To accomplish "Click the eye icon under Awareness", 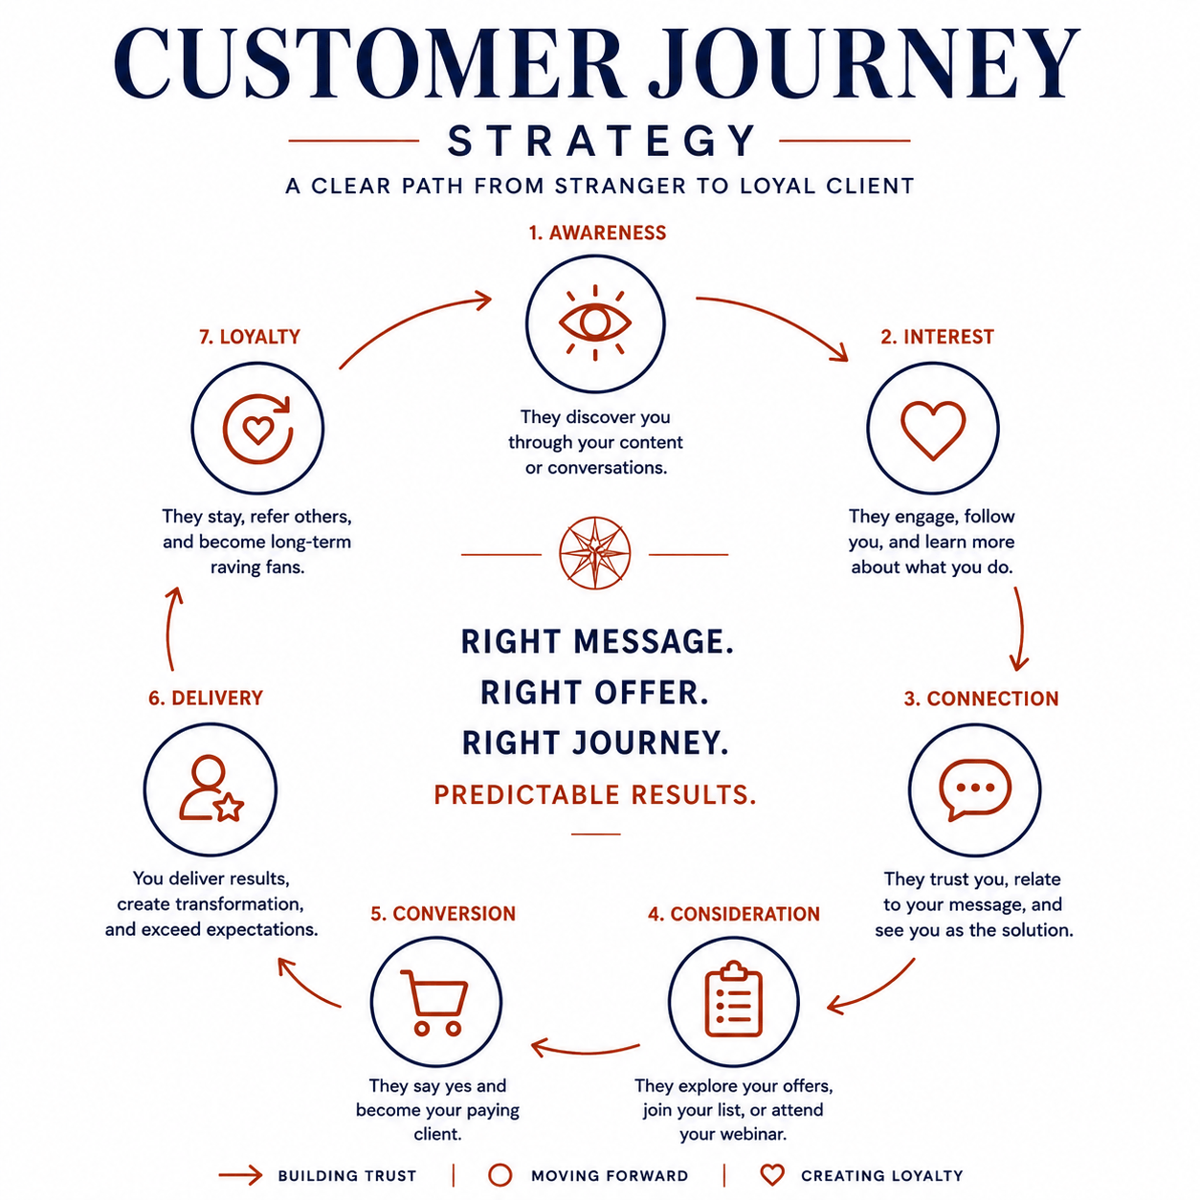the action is click(x=594, y=322).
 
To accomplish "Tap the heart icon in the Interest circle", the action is click(x=933, y=430).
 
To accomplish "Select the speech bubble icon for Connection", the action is click(x=974, y=789).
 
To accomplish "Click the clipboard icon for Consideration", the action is click(x=734, y=1000).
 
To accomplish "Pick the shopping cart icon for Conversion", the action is click(x=434, y=1002).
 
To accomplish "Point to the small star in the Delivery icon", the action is click(x=229, y=807).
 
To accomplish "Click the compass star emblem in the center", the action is click(x=594, y=553).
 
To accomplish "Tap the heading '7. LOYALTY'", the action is click(x=250, y=337).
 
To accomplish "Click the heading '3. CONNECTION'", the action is click(x=982, y=699).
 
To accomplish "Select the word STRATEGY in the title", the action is click(x=602, y=141).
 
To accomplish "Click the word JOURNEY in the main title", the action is click(x=863, y=63).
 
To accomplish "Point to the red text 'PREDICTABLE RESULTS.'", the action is click(x=595, y=794).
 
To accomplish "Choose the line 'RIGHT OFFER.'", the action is click(x=594, y=693).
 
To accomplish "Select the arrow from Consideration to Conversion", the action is click(x=585, y=1051).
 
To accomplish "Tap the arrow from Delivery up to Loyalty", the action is click(x=168, y=629).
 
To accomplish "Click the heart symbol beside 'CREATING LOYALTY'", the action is click(x=772, y=1175).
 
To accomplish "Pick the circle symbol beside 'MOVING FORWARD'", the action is click(x=500, y=1175).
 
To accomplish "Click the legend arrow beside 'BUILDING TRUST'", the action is click(x=241, y=1175).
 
